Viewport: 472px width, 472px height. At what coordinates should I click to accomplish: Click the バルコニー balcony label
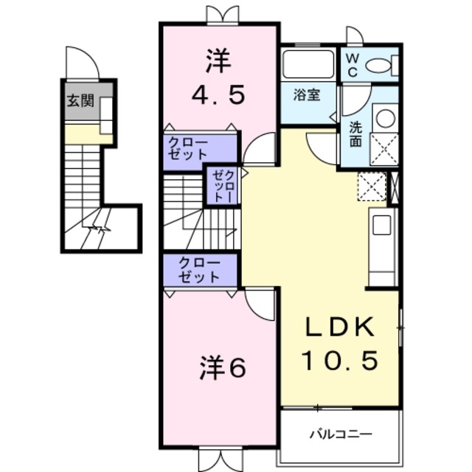click(x=340, y=433)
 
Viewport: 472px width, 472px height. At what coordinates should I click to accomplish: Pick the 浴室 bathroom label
click(x=306, y=94)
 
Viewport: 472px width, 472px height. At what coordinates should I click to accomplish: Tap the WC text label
click(x=352, y=65)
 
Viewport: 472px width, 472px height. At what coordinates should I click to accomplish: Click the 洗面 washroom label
click(x=355, y=133)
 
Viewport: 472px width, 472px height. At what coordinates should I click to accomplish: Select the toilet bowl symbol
click(x=379, y=66)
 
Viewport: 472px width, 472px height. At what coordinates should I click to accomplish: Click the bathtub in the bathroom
click(x=308, y=64)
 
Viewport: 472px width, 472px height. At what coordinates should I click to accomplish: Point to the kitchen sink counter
click(x=382, y=247)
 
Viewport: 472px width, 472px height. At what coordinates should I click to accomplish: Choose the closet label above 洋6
click(x=199, y=271)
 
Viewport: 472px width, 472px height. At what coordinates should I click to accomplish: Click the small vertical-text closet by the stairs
click(x=223, y=185)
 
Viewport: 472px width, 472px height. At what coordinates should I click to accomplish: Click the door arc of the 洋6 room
click(x=260, y=302)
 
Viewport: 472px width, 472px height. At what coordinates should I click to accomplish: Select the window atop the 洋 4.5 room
click(x=222, y=15)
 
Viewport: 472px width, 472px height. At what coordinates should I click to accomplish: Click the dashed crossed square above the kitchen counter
click(x=372, y=185)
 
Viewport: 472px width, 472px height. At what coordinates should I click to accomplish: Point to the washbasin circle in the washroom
click(x=383, y=117)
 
